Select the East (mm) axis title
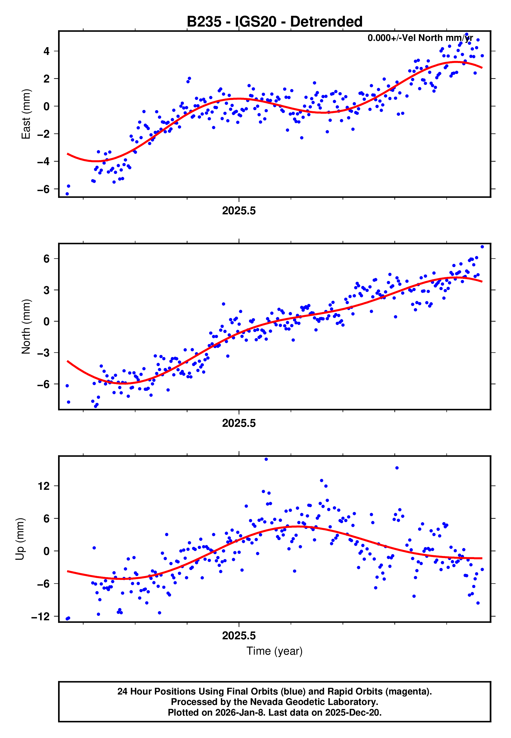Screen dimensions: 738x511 pyautogui.click(x=26, y=114)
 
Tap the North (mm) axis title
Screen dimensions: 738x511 pyautogui.click(x=26, y=327)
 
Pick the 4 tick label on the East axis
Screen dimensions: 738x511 pyautogui.click(x=47, y=51)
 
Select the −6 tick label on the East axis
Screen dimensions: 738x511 pyautogui.click(x=43, y=189)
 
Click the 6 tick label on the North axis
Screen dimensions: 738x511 pyautogui.click(x=47, y=259)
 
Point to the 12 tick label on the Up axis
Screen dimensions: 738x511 pyautogui.click(x=44, y=486)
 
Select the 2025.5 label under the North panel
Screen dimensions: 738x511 pyautogui.click(x=239, y=423)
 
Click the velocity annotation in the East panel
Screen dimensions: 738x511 pyautogui.click(x=420, y=38)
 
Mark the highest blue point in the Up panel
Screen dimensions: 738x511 pyautogui.click(x=266, y=459)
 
